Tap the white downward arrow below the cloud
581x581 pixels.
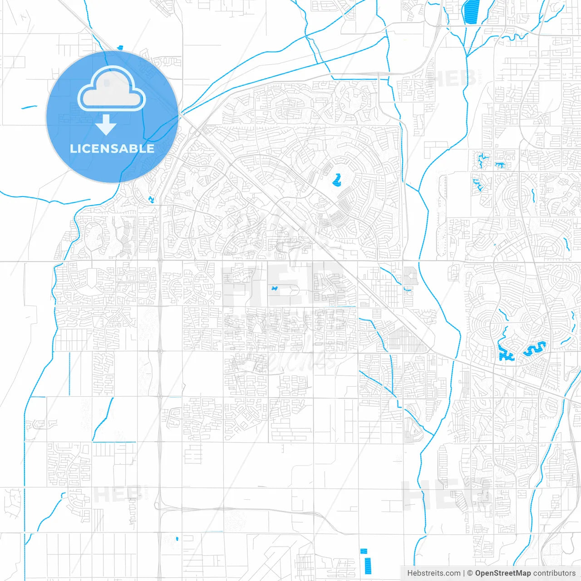pos(106,125)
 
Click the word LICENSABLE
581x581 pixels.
pos(112,148)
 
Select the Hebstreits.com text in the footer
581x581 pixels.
pos(433,573)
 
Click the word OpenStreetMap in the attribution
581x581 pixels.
pos(502,573)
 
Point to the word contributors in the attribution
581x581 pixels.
pos(554,573)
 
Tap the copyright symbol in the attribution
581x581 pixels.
pos(470,573)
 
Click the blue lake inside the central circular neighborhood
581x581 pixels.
pos(336,181)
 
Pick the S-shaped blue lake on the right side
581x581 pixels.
pos(534,349)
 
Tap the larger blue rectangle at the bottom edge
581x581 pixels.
pos(367,565)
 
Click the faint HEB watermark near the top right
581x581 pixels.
pos(454,78)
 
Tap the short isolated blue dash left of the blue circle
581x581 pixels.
pos(30,107)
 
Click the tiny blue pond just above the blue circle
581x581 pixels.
pos(120,47)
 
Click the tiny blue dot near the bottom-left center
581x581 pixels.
pos(177,539)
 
